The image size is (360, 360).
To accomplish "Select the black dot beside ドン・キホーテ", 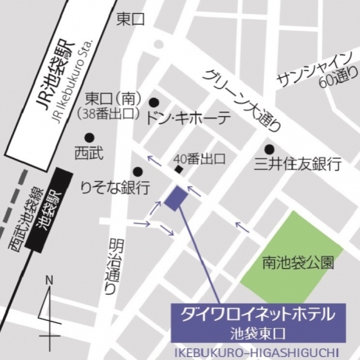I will [x=154, y=103].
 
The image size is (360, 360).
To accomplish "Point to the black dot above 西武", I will [x=89, y=137].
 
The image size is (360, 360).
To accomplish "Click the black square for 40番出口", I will [x=178, y=170].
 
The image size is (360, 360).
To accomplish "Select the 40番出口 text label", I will [x=197, y=158].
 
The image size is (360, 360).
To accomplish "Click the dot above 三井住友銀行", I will [x=270, y=148].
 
